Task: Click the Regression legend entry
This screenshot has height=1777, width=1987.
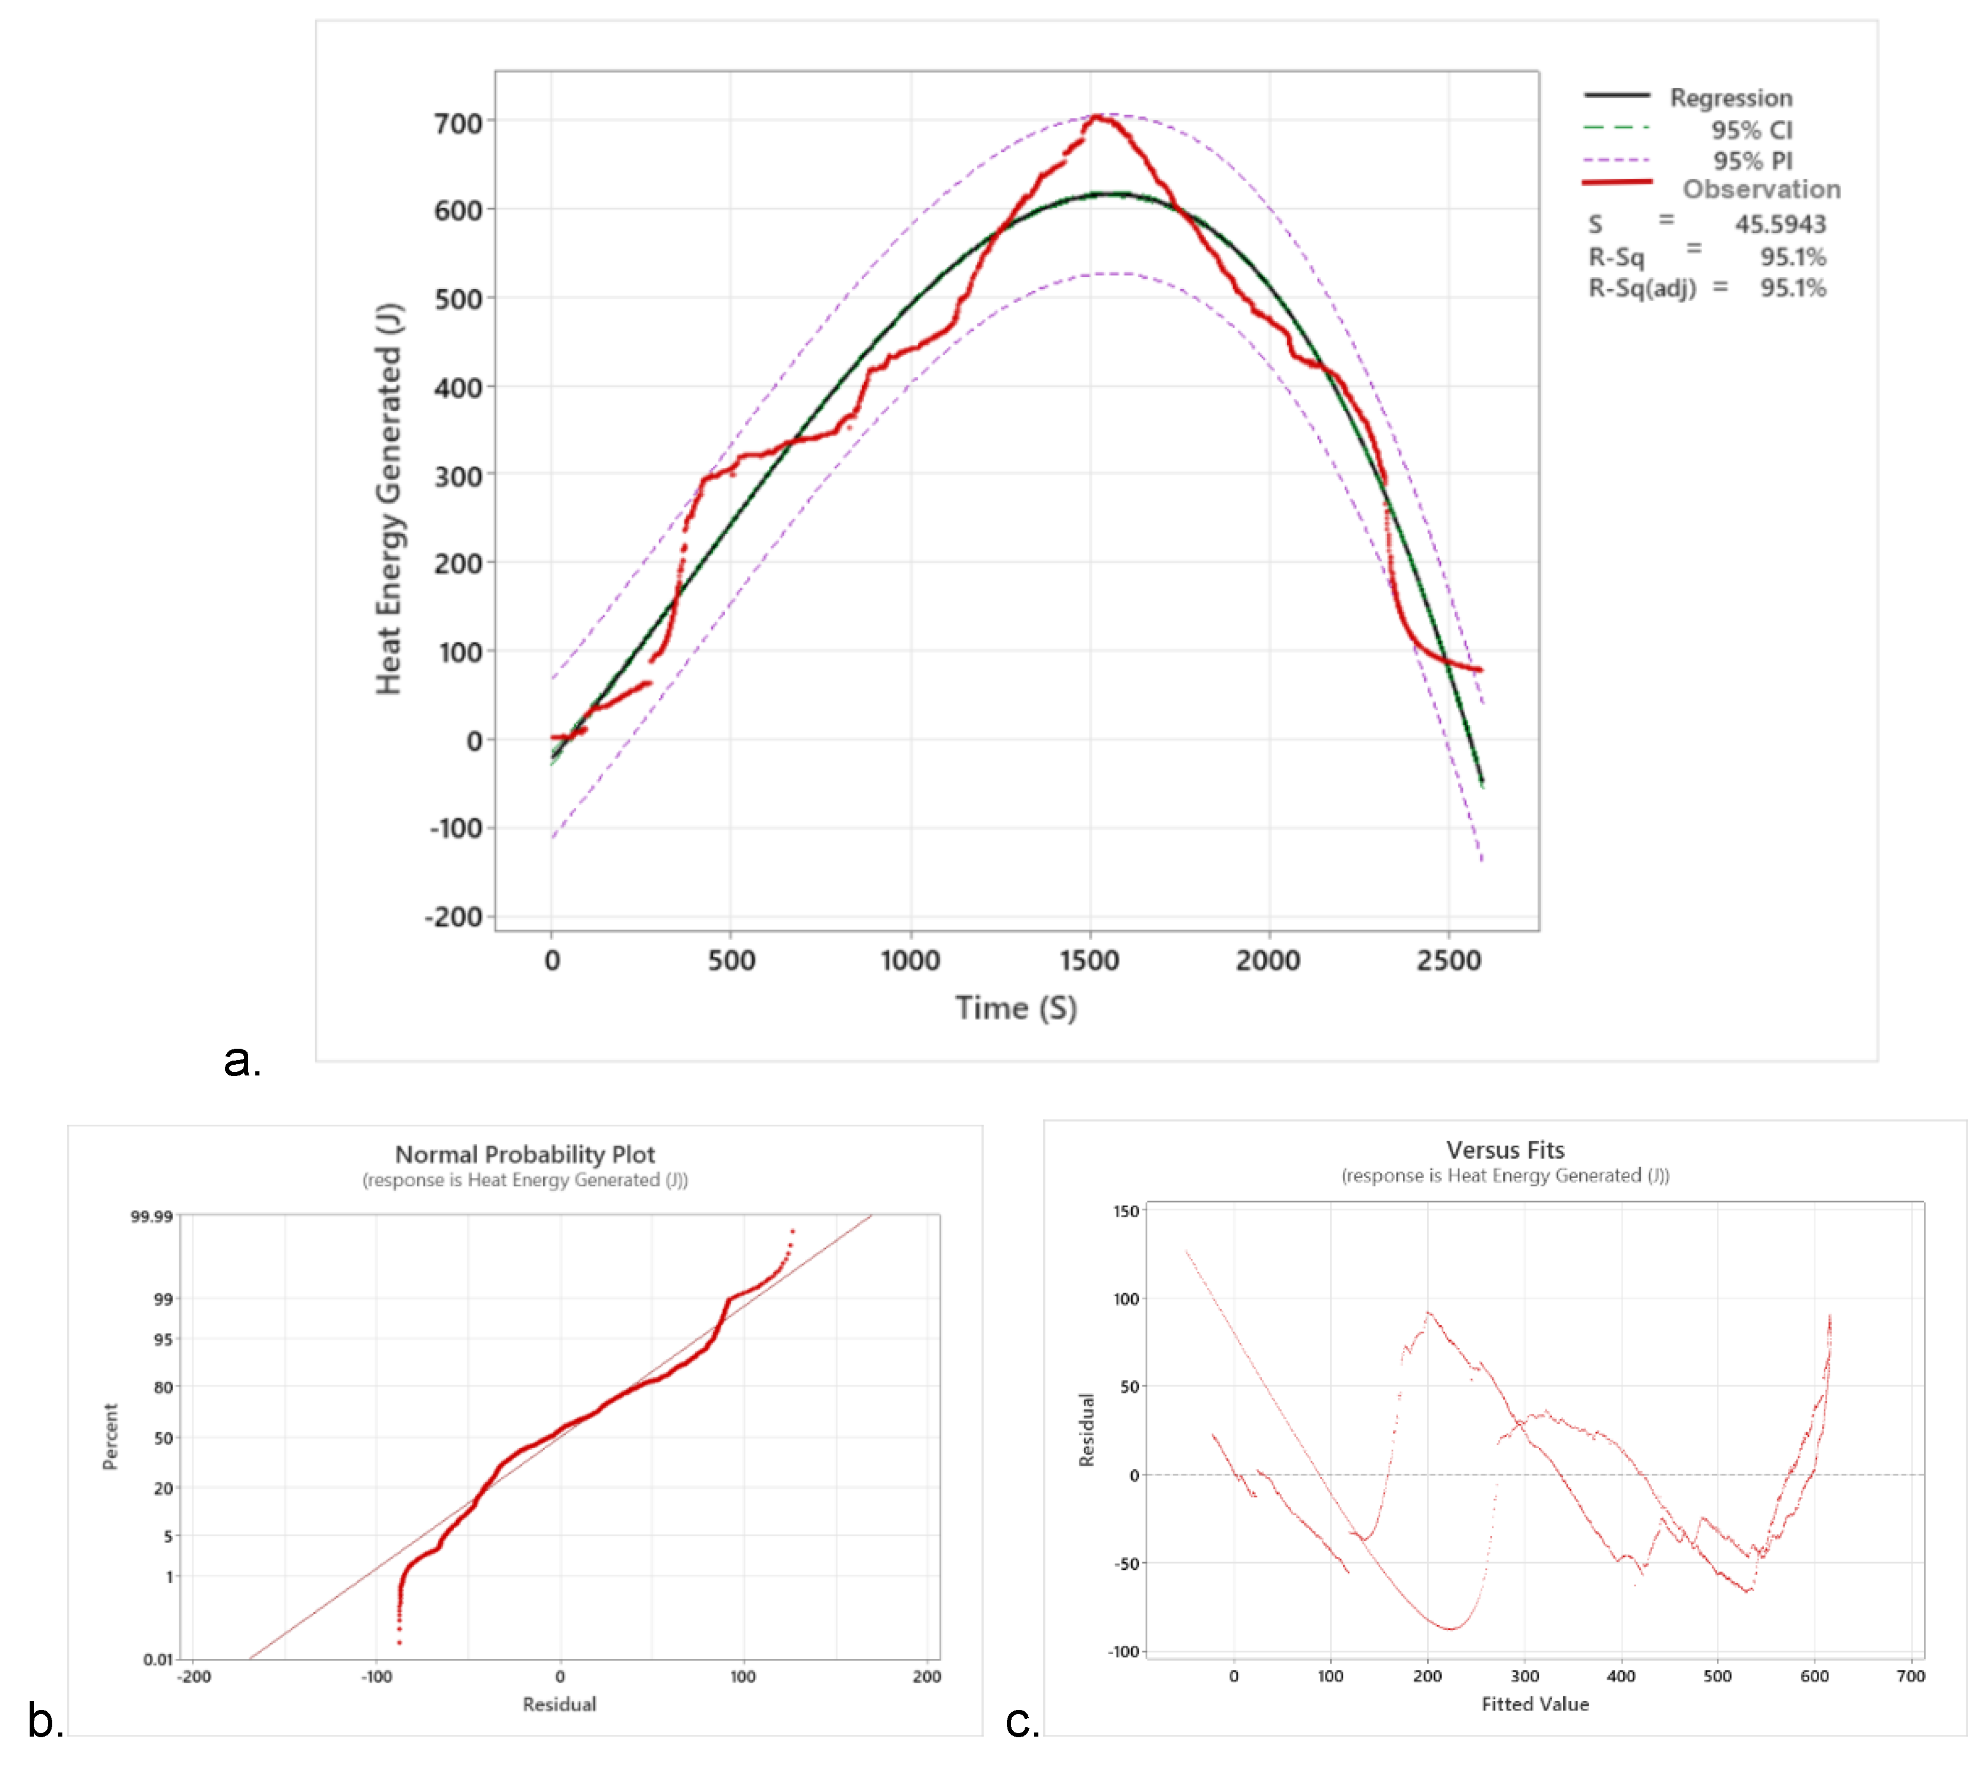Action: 1729,98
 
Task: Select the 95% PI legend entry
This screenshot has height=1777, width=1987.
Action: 1752,161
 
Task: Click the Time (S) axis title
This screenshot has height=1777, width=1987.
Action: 1016,1008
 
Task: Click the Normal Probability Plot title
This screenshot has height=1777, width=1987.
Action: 524,1154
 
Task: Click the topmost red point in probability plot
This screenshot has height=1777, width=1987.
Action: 792,1231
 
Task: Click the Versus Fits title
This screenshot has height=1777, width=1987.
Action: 1505,1149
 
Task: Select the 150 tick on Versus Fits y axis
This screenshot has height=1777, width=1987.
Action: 1126,1211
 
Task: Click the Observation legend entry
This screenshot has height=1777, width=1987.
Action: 1760,189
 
